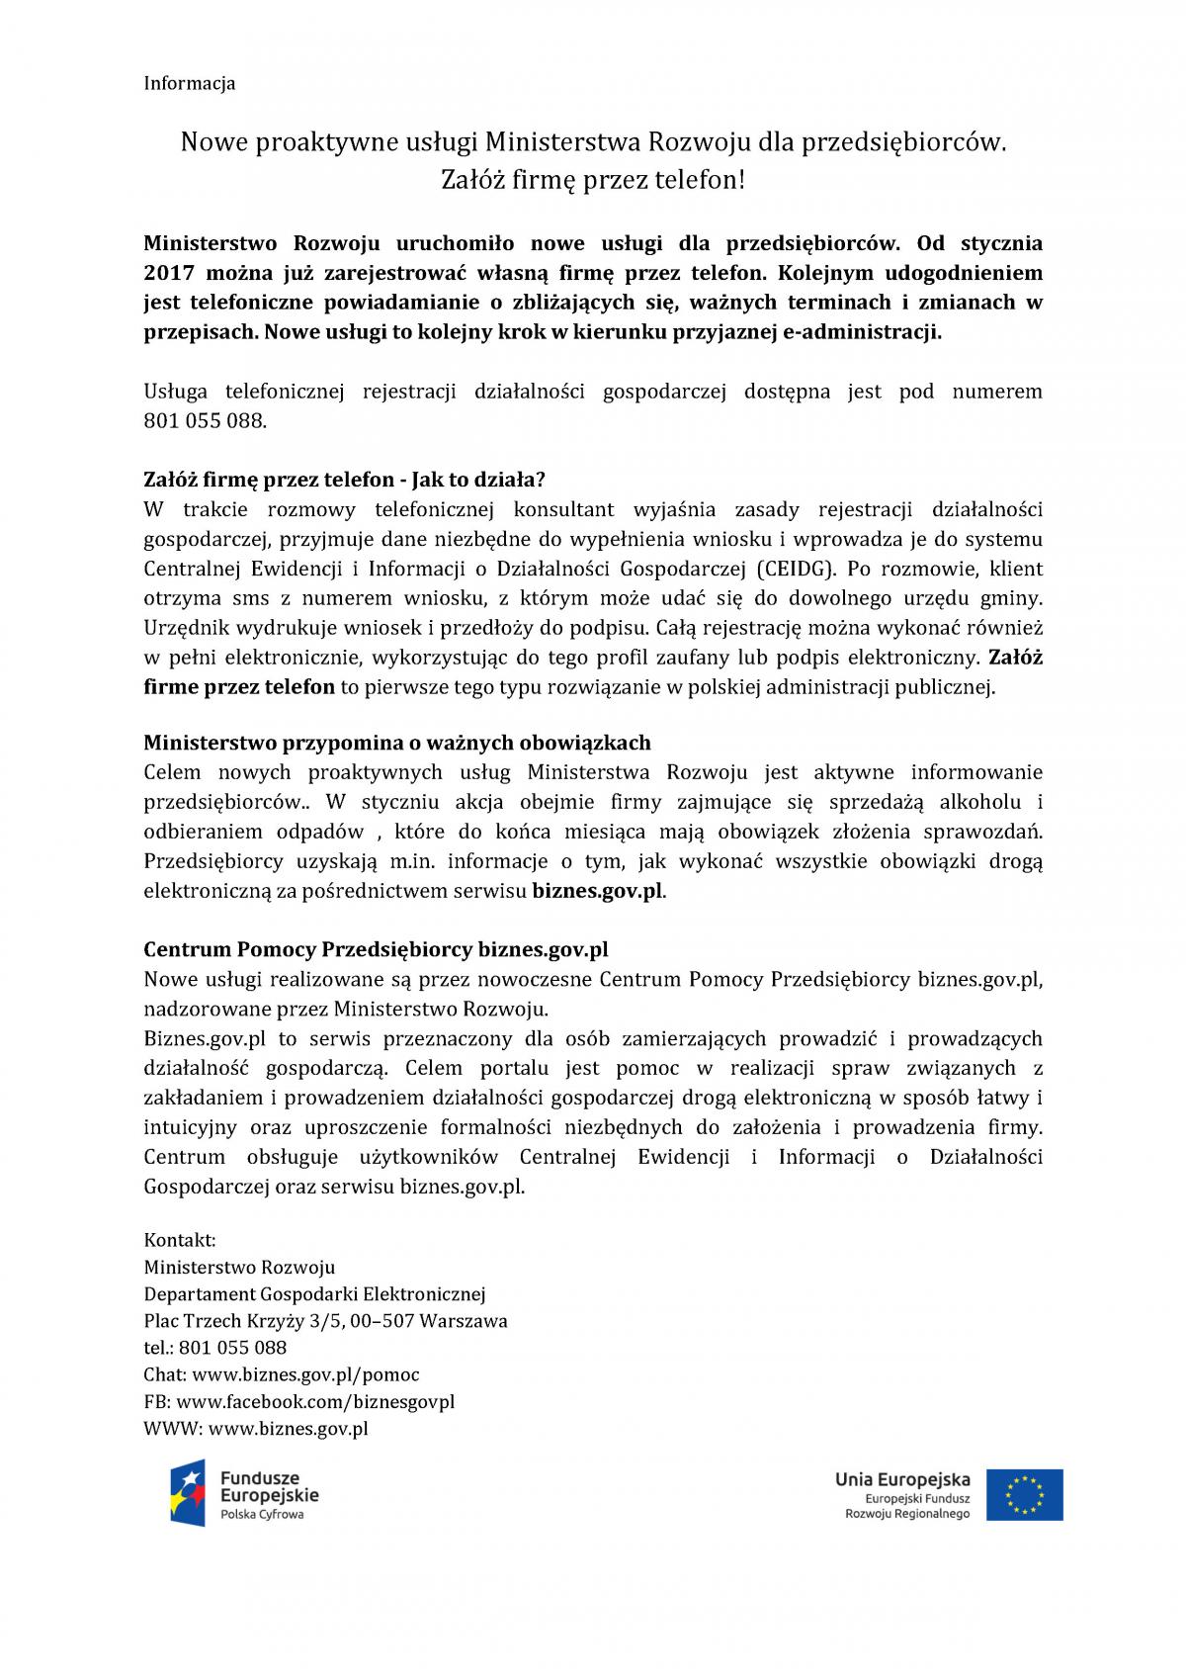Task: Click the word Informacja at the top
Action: point(190,83)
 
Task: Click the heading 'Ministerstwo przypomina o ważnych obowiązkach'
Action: point(397,743)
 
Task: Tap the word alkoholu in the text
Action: point(988,801)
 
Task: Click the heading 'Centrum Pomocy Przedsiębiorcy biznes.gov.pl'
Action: point(376,950)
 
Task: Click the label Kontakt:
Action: point(180,1240)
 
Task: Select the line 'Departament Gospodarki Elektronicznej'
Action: point(314,1293)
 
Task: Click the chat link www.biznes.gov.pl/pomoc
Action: point(305,1374)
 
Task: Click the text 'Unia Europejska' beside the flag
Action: point(902,1479)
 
